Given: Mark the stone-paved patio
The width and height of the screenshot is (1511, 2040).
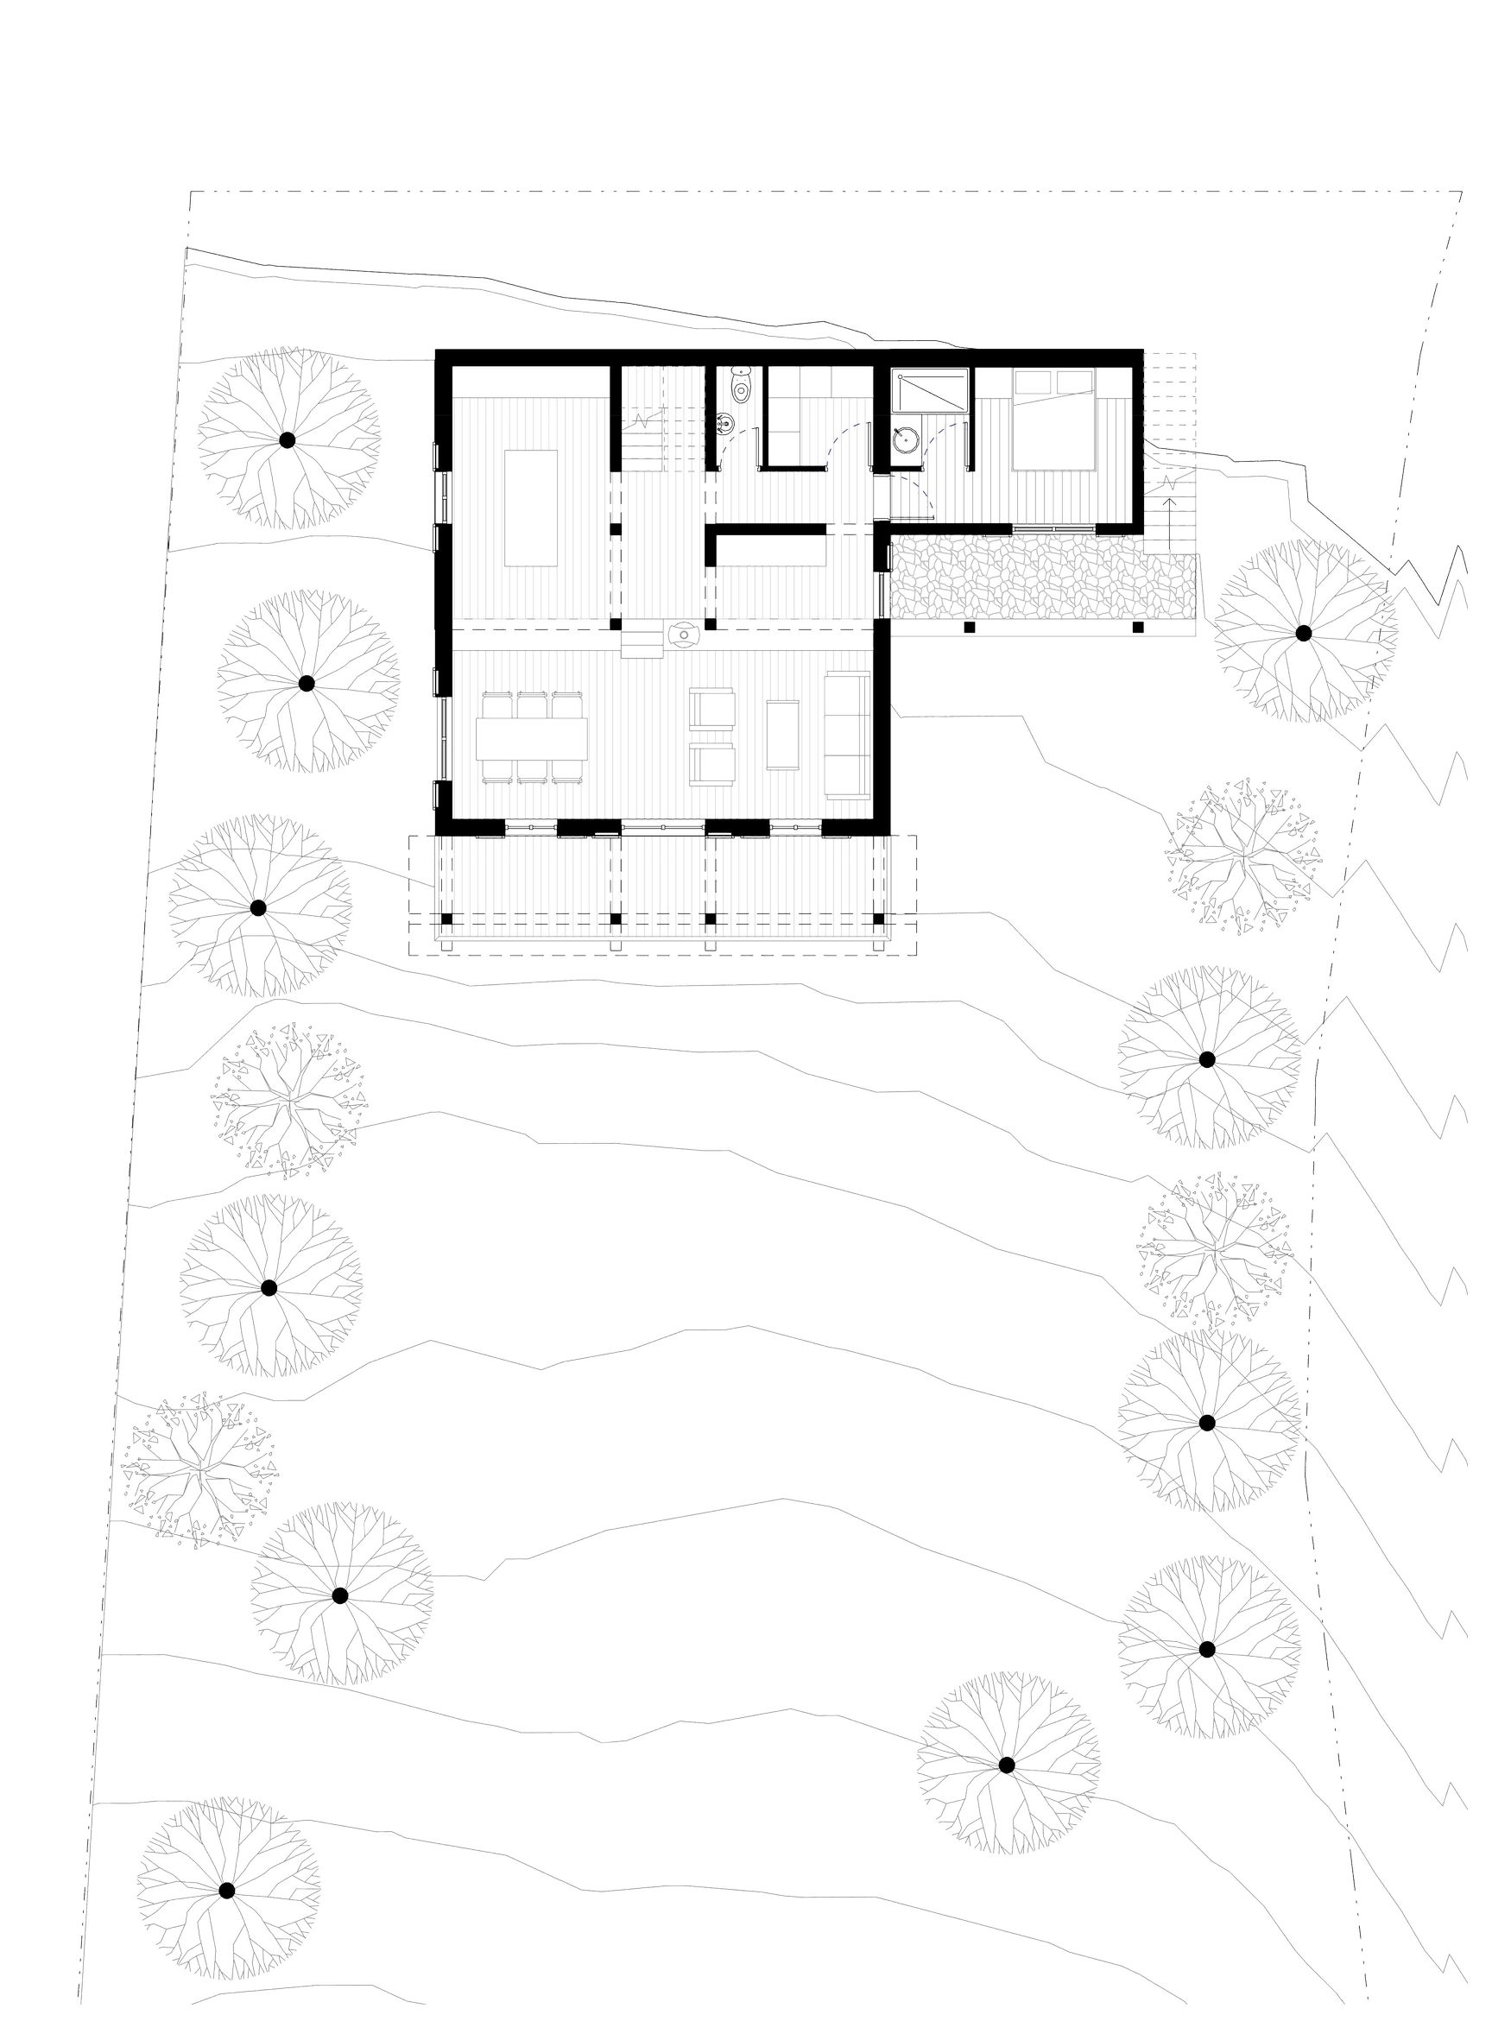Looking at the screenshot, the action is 1043,576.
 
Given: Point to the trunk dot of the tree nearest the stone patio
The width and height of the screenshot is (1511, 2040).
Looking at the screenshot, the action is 1301,632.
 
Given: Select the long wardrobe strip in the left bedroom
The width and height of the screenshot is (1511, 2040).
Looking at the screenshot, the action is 530,380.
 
